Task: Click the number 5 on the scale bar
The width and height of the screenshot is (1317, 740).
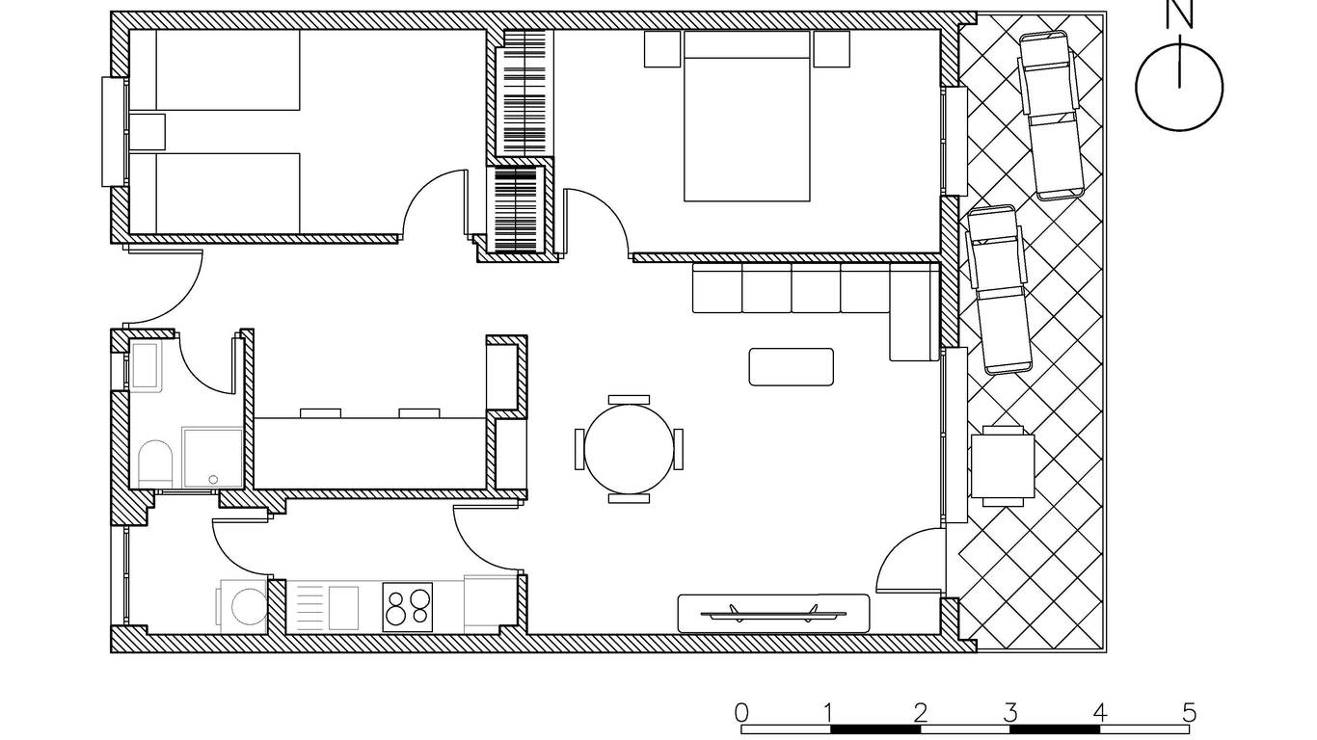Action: click(1189, 713)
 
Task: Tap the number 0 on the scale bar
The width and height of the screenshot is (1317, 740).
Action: click(742, 713)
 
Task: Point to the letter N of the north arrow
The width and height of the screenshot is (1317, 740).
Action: click(1179, 14)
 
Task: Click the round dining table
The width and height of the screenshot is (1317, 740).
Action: click(630, 449)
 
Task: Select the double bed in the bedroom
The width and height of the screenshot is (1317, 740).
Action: click(747, 116)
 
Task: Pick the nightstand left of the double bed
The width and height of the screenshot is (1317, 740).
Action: click(662, 49)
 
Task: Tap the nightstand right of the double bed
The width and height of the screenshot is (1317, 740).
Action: click(832, 49)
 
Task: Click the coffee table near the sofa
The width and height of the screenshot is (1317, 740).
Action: click(791, 367)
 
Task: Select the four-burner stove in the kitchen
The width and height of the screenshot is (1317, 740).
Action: click(408, 607)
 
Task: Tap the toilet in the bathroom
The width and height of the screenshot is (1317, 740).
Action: click(155, 463)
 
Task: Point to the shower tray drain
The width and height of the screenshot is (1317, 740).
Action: click(213, 479)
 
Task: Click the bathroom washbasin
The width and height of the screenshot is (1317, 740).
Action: click(145, 365)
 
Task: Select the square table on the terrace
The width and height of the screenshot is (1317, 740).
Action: click(1003, 466)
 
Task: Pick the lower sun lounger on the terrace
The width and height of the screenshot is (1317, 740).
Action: click(999, 290)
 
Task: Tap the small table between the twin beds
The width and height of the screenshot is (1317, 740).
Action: click(147, 132)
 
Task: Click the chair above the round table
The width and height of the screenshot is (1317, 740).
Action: click(630, 400)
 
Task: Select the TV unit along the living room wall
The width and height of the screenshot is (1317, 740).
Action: click(774, 614)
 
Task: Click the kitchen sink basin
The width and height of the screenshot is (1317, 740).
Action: click(343, 608)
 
